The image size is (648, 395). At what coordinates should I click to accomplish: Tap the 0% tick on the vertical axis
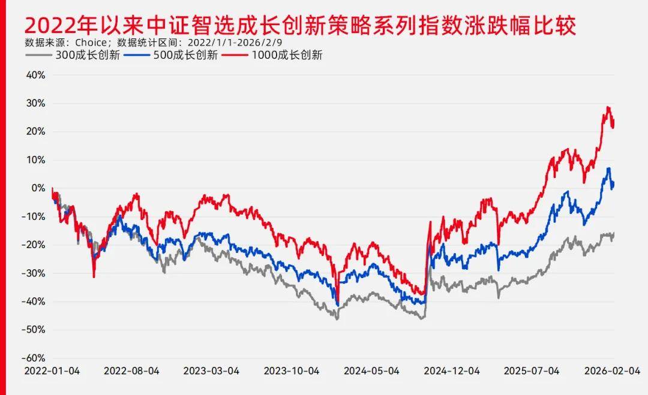pos(38,188)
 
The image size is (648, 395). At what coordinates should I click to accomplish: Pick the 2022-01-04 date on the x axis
pos(52,371)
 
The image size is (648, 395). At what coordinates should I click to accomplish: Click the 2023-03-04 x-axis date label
pos(211,371)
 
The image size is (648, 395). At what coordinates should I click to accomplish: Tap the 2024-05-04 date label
pos(371,371)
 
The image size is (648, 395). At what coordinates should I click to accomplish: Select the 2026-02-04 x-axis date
pos(611,371)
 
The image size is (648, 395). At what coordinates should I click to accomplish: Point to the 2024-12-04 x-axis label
pos(452,371)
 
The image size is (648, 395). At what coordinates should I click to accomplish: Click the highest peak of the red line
pos(608,107)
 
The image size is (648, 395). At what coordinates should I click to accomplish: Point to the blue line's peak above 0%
pos(608,168)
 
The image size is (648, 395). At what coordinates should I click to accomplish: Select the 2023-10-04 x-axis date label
pos(292,371)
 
